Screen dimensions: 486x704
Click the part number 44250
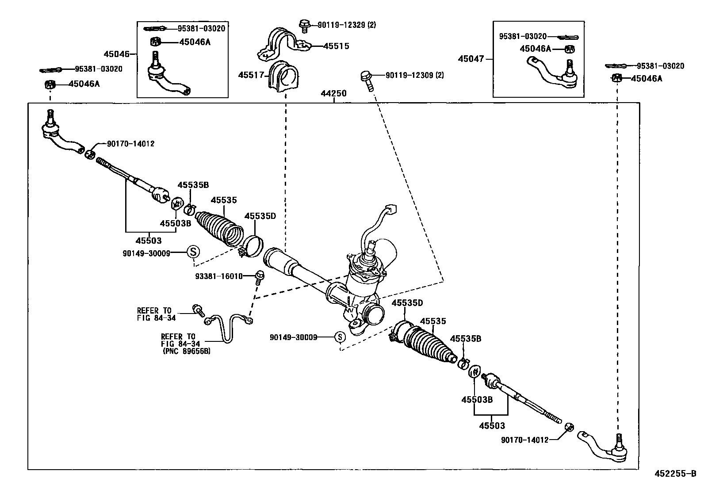pyautogui.click(x=333, y=94)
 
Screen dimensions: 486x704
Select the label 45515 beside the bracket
pyautogui.click(x=336, y=46)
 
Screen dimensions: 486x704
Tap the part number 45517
pyautogui.click(x=251, y=75)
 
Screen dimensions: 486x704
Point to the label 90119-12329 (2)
pyautogui.click(x=347, y=25)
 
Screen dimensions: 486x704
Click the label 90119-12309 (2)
pyautogui.click(x=415, y=75)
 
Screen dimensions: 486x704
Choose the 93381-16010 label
pyautogui.click(x=219, y=276)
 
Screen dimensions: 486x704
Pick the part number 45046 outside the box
pyautogui.click(x=116, y=54)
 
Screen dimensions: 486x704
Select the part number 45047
pyautogui.click(x=471, y=58)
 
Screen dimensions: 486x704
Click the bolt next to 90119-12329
pyautogui.click(x=304, y=25)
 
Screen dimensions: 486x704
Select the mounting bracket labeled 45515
pyautogui.click(x=283, y=44)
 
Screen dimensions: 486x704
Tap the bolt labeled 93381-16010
pyautogui.click(x=260, y=277)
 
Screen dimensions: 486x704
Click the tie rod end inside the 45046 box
pyautogui.click(x=166, y=75)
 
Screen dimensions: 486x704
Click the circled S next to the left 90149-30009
pyautogui.click(x=193, y=252)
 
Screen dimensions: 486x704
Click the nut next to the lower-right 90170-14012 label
pyautogui.click(x=570, y=427)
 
